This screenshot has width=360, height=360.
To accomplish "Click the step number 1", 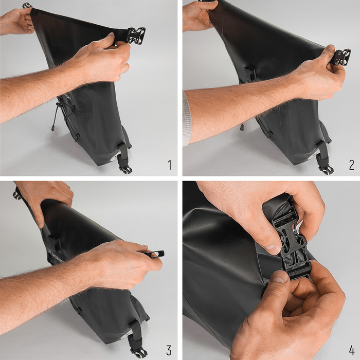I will click(x=169, y=165).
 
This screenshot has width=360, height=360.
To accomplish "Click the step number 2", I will click(x=351, y=165).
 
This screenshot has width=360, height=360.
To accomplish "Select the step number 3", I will click(x=169, y=350).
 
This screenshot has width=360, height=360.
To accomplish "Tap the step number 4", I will click(x=351, y=350).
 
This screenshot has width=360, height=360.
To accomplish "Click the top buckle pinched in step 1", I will click(x=136, y=35).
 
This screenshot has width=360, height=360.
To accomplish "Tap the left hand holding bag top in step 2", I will click(x=198, y=15).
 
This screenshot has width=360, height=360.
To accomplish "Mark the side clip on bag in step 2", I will click(x=250, y=73).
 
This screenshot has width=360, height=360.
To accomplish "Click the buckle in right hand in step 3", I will click(x=156, y=254).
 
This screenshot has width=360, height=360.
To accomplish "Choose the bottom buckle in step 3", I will click(x=138, y=352).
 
